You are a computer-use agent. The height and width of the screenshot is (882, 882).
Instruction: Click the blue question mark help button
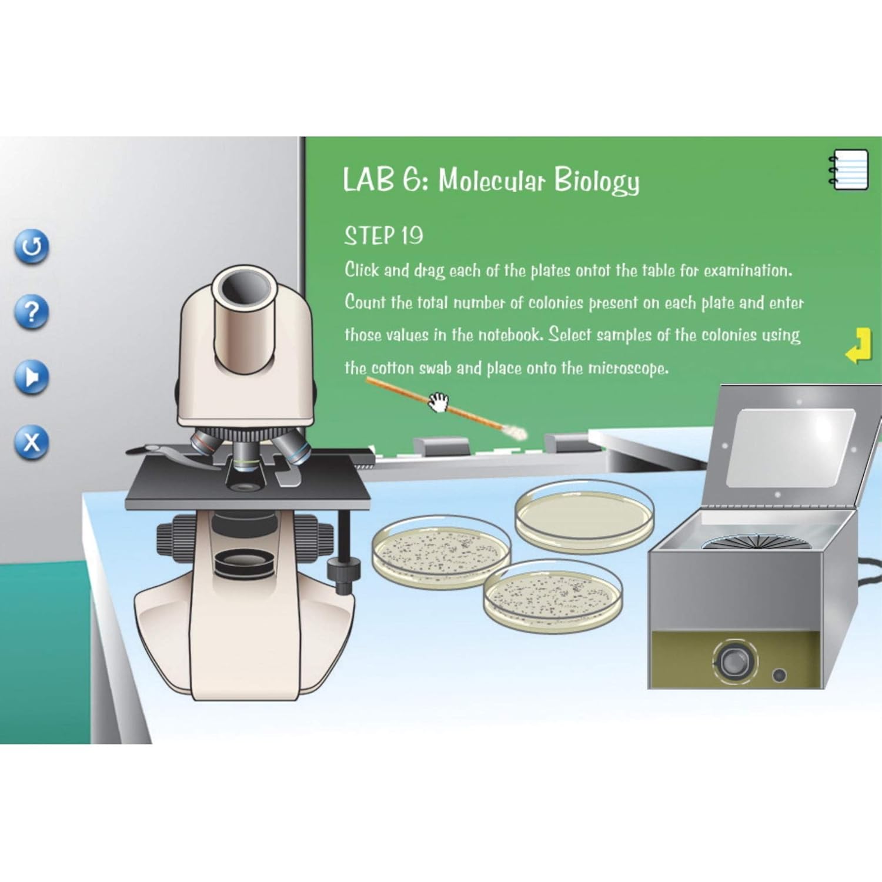click(x=32, y=312)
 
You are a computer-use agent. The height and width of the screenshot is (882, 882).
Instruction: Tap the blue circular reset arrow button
click(x=32, y=246)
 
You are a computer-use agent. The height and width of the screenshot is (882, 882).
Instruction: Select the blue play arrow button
click(x=32, y=377)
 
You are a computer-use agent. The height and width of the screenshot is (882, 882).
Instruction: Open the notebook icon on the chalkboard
click(x=849, y=169)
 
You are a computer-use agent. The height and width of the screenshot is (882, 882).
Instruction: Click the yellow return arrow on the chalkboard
click(x=858, y=346)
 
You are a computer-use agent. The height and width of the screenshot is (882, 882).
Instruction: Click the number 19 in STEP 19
click(x=412, y=236)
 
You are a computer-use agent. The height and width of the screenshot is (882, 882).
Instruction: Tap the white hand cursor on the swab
click(x=438, y=402)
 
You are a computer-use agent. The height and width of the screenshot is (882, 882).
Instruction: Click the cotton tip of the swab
click(x=517, y=433)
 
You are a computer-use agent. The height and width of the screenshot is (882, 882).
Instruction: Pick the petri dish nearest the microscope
click(x=441, y=550)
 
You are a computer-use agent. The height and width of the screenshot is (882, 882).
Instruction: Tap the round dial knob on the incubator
click(x=734, y=661)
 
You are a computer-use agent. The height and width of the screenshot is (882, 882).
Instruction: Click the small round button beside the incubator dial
click(x=779, y=674)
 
